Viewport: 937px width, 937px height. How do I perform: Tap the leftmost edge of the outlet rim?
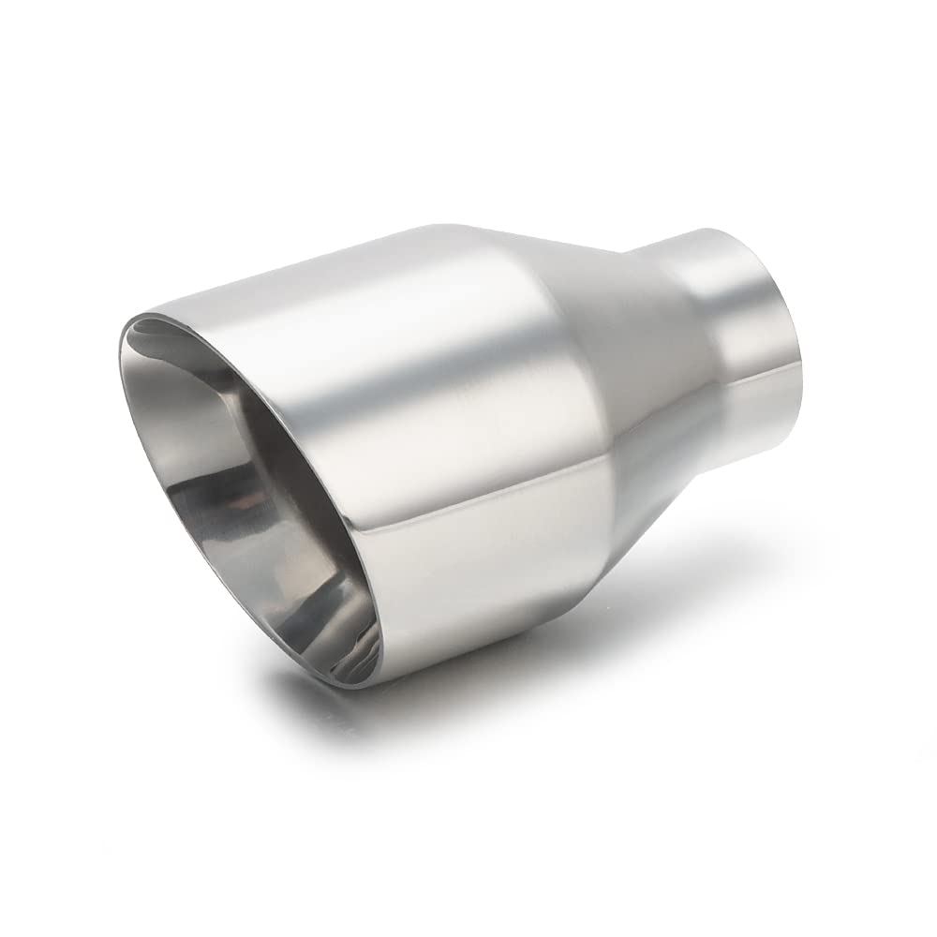(121, 356)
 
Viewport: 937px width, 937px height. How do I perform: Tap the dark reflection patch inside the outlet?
(234, 525)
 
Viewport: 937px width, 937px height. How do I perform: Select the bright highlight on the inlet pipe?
(740, 281)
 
